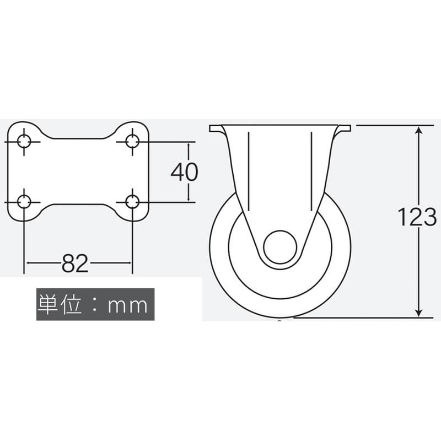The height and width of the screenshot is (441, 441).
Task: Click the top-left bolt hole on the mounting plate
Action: pos(24,142)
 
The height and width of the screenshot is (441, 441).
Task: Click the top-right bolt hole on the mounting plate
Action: pos(132,142)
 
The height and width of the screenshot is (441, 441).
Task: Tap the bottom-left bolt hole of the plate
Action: pos(24,202)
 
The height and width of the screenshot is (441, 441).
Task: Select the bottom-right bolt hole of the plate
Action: pos(132,202)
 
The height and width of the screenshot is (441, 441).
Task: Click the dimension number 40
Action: pos(185,172)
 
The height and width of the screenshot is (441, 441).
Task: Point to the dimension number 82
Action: pos(75,263)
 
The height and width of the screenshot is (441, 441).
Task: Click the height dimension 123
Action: pos(417,217)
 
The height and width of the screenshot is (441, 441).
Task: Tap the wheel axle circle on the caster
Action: pos(280,247)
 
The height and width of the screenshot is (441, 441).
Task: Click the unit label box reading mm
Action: pos(95,304)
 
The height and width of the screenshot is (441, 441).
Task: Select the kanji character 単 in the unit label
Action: pos(47,304)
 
